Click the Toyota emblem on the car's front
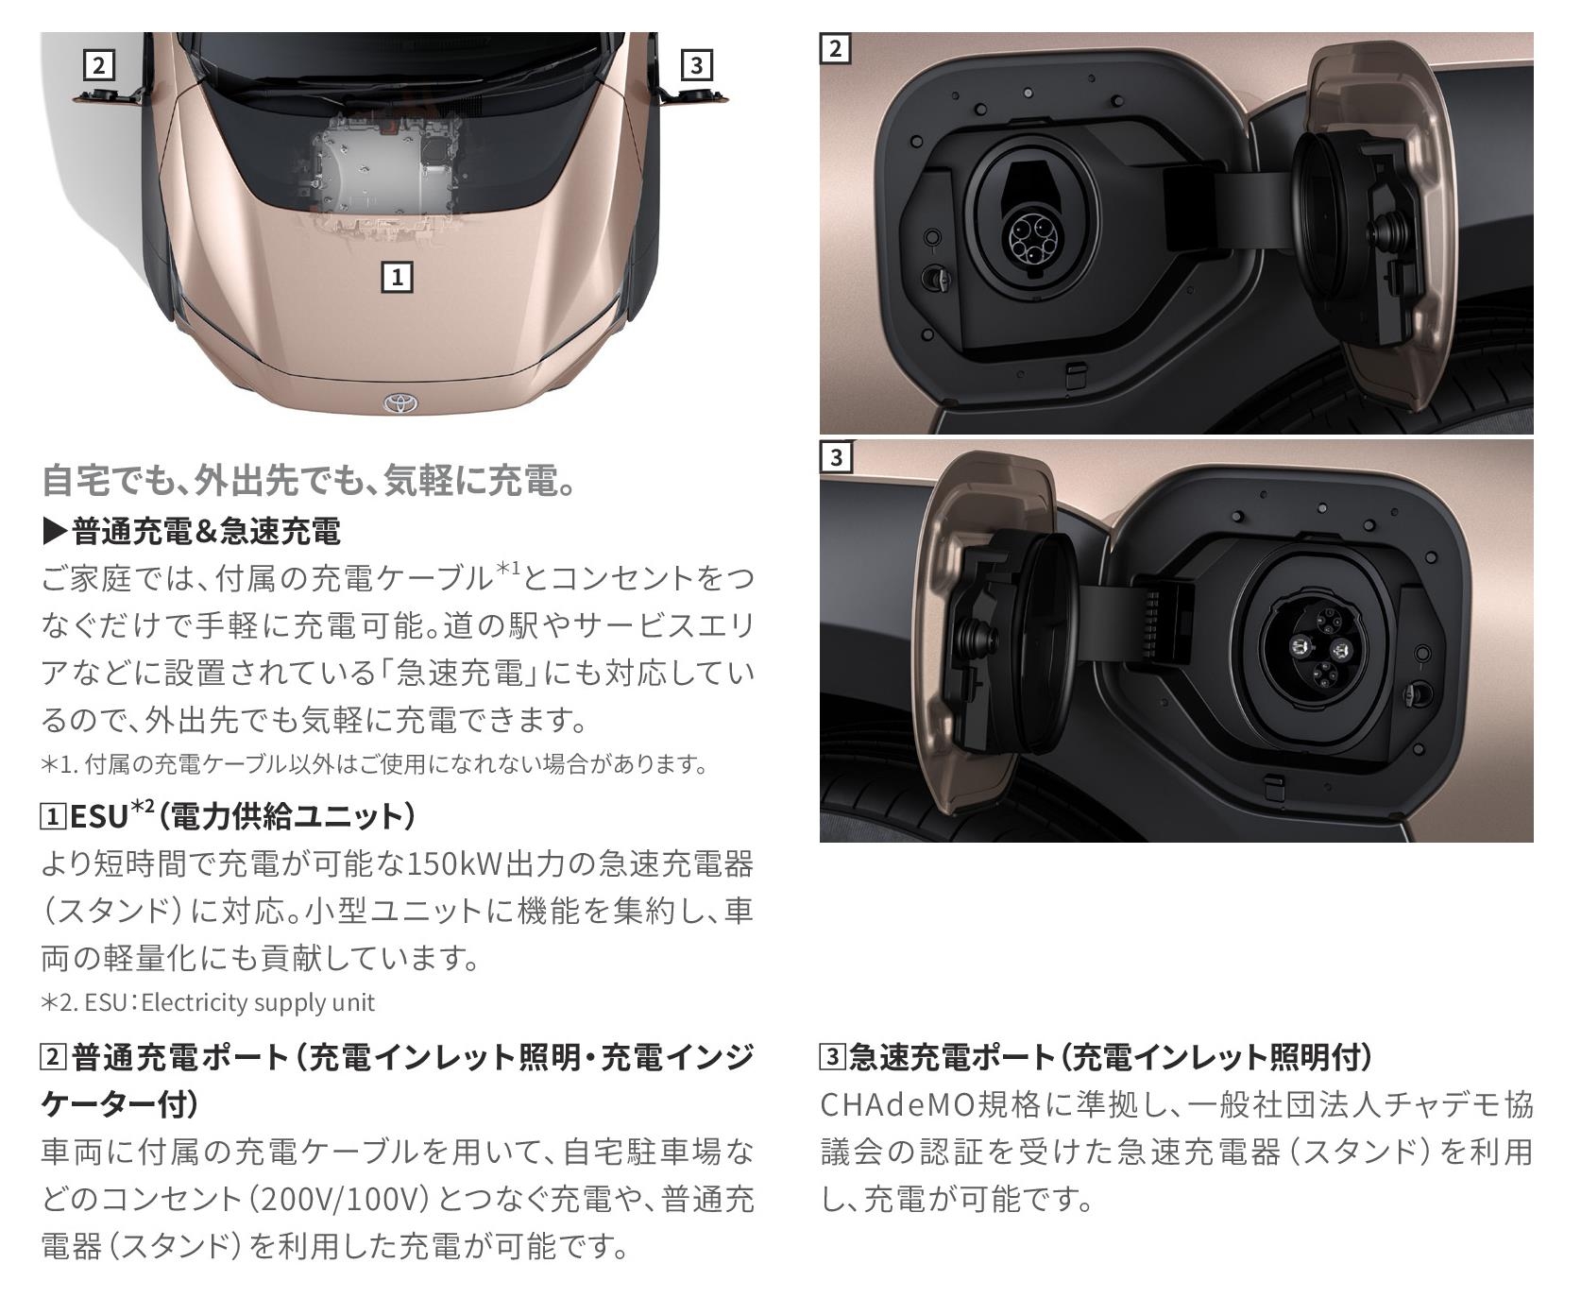399,403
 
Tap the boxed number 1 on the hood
397,277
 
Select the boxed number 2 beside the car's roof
98,65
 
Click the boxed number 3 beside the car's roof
696,64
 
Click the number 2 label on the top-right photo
835,48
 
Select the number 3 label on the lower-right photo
835,457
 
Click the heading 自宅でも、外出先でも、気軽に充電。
309,481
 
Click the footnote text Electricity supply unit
258,1002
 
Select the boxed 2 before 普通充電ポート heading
53,1057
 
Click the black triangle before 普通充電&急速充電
56,532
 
